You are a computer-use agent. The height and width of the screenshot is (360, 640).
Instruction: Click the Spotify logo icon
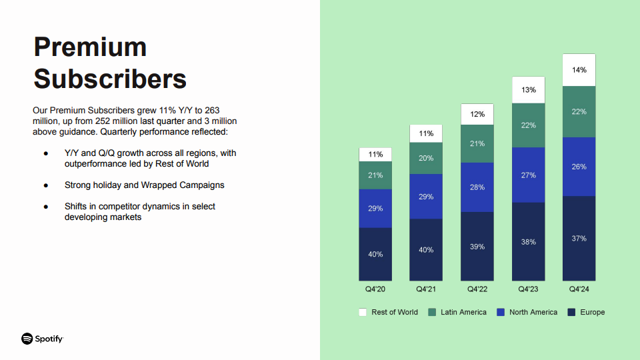coord(27,339)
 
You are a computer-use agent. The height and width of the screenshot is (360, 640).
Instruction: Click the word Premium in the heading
coord(90,47)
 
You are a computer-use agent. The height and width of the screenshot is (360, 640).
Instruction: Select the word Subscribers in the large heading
coord(110,79)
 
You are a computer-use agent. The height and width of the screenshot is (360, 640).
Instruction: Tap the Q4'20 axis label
coord(375,289)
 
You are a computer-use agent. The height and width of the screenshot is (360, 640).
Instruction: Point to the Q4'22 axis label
coord(477,289)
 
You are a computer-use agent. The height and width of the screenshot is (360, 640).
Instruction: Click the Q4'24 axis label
coord(579,289)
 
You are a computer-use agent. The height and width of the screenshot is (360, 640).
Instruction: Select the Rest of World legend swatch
coord(363,312)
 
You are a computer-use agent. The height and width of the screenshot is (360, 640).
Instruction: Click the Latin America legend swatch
coord(432,312)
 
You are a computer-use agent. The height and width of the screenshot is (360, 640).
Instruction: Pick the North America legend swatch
coord(501,312)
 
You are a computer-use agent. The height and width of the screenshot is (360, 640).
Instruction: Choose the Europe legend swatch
coord(571,312)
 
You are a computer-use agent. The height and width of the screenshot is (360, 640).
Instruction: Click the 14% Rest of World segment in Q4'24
coord(579,70)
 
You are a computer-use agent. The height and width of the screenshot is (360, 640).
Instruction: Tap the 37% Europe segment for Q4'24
coord(579,239)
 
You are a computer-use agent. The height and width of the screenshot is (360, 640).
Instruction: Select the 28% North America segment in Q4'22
coord(477,187)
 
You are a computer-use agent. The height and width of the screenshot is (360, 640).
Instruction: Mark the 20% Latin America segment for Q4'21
coord(426,159)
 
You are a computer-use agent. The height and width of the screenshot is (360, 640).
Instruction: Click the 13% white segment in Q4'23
coord(528,90)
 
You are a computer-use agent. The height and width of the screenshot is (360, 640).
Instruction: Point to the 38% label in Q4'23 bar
coord(528,242)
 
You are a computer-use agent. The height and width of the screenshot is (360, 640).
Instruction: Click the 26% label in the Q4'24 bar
coord(579,167)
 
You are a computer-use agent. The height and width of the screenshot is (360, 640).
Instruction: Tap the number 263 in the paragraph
coord(212,110)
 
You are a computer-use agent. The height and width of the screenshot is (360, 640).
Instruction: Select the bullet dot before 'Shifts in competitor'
coord(46,207)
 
